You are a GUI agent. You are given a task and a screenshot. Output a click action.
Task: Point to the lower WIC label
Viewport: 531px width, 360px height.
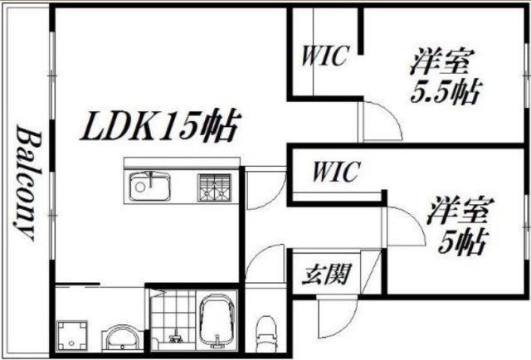click(x=335, y=173)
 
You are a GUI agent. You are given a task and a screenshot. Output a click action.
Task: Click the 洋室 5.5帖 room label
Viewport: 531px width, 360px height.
click(x=445, y=76)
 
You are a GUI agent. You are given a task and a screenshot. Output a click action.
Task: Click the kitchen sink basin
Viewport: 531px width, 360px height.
click(x=149, y=187)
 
